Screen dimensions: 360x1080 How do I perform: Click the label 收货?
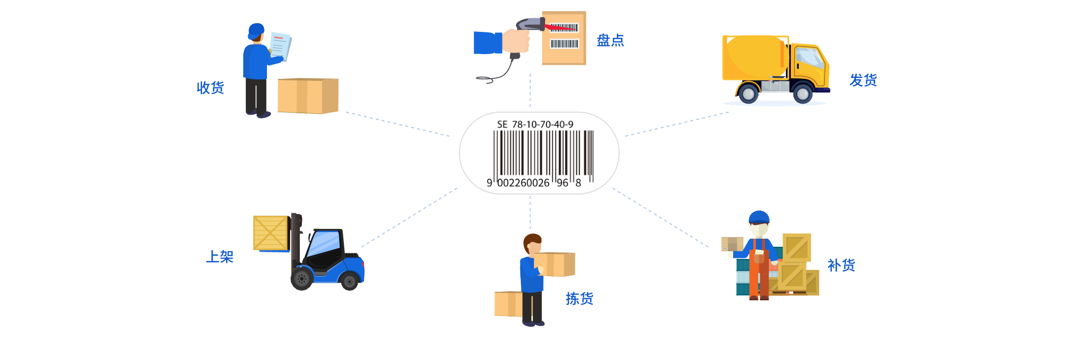coord(210,88)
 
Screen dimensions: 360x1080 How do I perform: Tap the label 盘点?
coord(610,40)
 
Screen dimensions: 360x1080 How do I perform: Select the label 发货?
coord(863,80)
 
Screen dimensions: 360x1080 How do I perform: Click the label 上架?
coord(219,257)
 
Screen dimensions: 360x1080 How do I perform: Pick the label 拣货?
coord(579,299)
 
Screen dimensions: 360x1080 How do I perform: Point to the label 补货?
coord(841,265)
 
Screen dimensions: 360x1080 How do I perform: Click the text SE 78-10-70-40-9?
coord(535,124)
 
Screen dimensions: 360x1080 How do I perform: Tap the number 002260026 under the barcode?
coord(523,183)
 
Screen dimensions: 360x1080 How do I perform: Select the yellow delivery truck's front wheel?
coord(802,93)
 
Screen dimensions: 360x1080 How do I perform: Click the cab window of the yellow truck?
coord(809,58)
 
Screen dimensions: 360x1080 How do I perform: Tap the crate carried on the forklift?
coord(270,233)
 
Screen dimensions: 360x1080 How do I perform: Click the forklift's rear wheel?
coord(302,278)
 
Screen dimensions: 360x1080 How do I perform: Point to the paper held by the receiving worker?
coord(280,46)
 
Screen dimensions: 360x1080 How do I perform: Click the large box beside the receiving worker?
coord(307,96)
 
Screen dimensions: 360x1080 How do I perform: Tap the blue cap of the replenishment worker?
coord(758,217)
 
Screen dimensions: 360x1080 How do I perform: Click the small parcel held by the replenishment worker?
coord(731,244)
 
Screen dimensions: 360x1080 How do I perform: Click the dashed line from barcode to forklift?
coord(410,217)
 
